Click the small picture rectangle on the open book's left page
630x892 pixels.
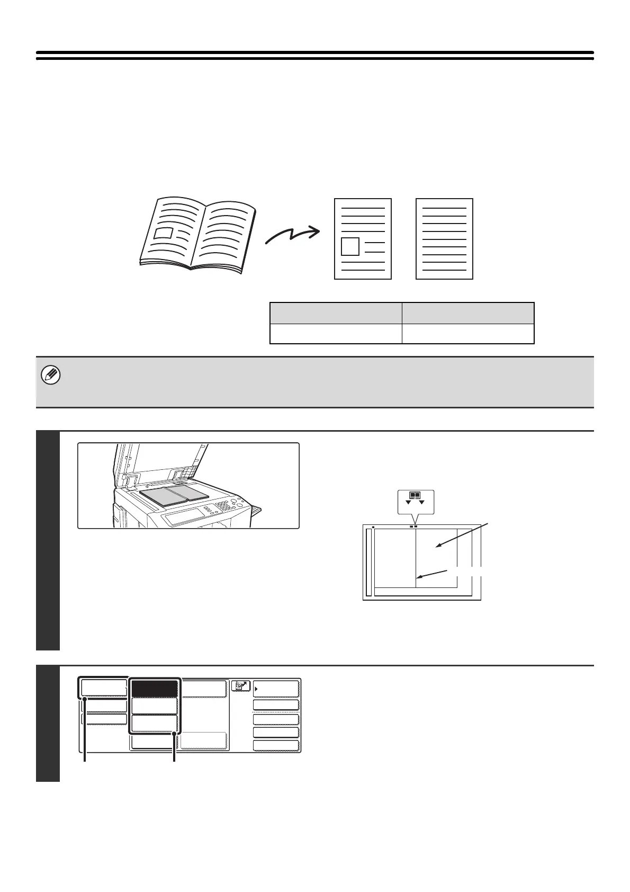click(163, 233)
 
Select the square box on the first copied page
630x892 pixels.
click(350, 247)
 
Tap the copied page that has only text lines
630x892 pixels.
click(444, 239)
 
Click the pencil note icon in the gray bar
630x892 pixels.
click(51, 376)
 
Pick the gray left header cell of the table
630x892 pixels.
click(336, 313)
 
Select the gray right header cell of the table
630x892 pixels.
click(468, 313)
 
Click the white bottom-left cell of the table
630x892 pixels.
click(336, 334)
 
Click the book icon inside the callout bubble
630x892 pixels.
click(415, 496)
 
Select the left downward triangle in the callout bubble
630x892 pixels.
click(408, 502)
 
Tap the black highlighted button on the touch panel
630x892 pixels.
click(154, 689)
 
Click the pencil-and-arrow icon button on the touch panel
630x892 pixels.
click(240, 686)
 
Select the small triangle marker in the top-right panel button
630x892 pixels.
click(257, 689)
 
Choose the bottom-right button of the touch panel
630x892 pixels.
click(276, 746)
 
